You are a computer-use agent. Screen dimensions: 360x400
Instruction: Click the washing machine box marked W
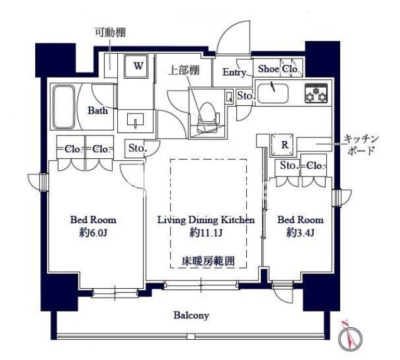(x=138, y=64)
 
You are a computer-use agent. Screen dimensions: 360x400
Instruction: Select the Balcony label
(x=191, y=315)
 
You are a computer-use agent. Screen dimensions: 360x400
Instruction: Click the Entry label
(x=235, y=73)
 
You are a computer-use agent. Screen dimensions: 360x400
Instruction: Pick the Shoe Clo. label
(x=277, y=69)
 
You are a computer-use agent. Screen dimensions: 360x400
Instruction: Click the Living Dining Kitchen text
(x=205, y=220)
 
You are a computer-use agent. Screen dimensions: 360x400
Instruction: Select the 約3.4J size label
(x=301, y=233)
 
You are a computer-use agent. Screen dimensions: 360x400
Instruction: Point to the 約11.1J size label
(x=205, y=233)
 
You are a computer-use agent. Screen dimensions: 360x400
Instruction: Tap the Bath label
(x=97, y=111)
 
